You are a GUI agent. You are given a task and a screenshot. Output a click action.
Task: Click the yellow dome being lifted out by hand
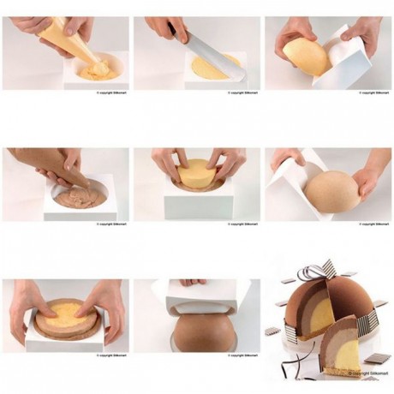coord(306,55)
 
